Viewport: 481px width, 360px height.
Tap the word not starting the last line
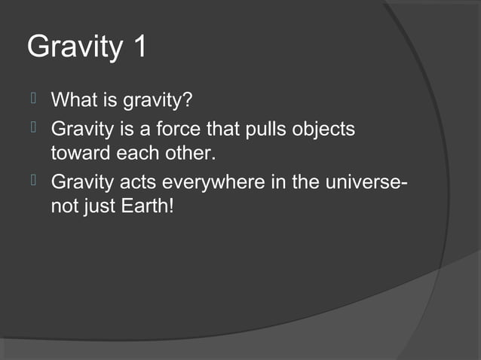click(x=63, y=205)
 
